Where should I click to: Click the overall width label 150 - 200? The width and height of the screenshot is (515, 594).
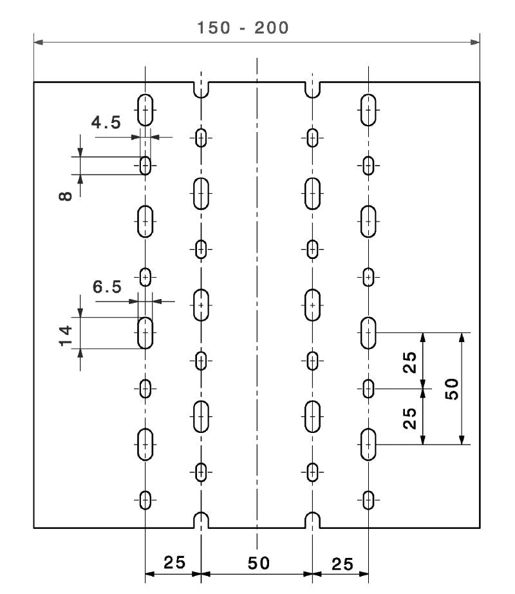(243, 28)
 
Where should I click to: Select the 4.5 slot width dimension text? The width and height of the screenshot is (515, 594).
(106, 122)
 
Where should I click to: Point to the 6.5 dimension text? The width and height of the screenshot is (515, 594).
(107, 287)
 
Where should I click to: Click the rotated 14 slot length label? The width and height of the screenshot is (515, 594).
(65, 335)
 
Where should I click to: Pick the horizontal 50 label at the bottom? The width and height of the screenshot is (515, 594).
(257, 562)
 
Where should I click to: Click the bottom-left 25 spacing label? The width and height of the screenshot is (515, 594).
(173, 562)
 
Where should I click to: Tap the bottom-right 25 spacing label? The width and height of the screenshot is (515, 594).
(342, 564)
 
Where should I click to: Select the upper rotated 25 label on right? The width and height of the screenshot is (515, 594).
(410, 361)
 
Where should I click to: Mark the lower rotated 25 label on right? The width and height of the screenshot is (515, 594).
(410, 417)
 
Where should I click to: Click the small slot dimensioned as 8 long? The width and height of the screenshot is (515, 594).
(145, 166)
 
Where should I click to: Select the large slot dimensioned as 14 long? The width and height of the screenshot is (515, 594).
(145, 332)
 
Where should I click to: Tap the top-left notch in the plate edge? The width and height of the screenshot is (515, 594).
(201, 90)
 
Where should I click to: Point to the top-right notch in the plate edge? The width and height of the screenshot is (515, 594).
(313, 90)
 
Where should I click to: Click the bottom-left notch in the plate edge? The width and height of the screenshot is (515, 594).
(201, 521)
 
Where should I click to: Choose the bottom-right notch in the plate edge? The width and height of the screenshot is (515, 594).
(313, 521)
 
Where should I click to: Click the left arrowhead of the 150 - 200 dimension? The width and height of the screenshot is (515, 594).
(38, 43)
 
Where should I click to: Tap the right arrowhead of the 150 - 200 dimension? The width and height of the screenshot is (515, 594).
(476, 43)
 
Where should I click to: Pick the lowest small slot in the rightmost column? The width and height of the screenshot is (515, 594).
(368, 499)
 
